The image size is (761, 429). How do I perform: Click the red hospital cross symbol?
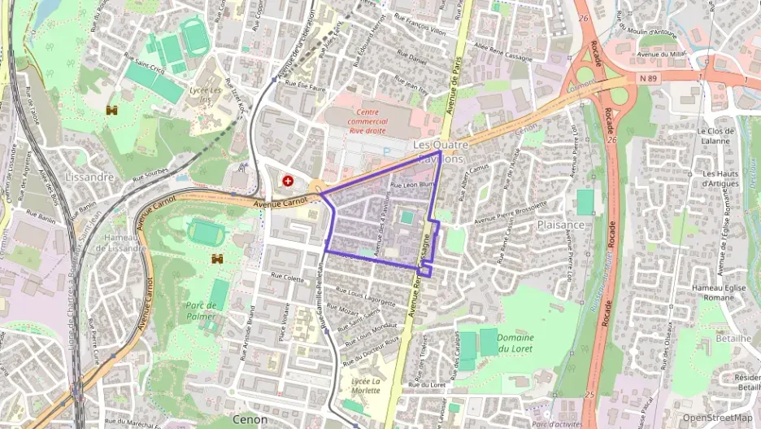pos(287,181)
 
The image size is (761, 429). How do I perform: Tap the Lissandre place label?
pos(89,177)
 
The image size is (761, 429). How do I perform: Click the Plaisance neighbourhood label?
pos(561,225)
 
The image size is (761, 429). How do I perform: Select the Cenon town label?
pos(250,419)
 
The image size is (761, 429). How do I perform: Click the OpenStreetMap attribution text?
pos(717,418)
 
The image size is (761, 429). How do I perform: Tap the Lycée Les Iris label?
pos(205,94)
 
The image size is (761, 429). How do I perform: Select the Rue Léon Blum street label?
pos(408,186)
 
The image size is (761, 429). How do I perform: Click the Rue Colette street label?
pos(287,278)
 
